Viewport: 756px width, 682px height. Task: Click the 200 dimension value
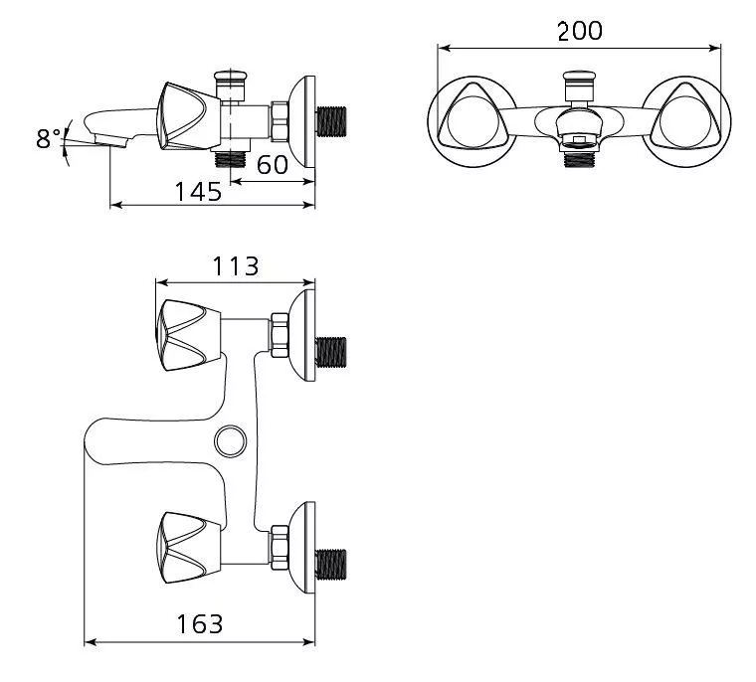click(580, 32)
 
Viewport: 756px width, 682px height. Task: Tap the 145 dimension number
click(198, 191)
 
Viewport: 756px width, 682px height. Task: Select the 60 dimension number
click(273, 165)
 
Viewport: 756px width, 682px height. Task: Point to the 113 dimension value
click(236, 266)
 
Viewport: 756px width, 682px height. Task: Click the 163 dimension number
click(200, 624)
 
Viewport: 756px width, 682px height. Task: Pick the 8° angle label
click(48, 139)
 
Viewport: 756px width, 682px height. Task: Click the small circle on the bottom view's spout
click(231, 441)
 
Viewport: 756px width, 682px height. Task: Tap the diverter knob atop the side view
click(231, 85)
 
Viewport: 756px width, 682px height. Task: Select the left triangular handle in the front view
click(471, 116)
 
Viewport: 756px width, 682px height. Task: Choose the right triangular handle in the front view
click(685, 116)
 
